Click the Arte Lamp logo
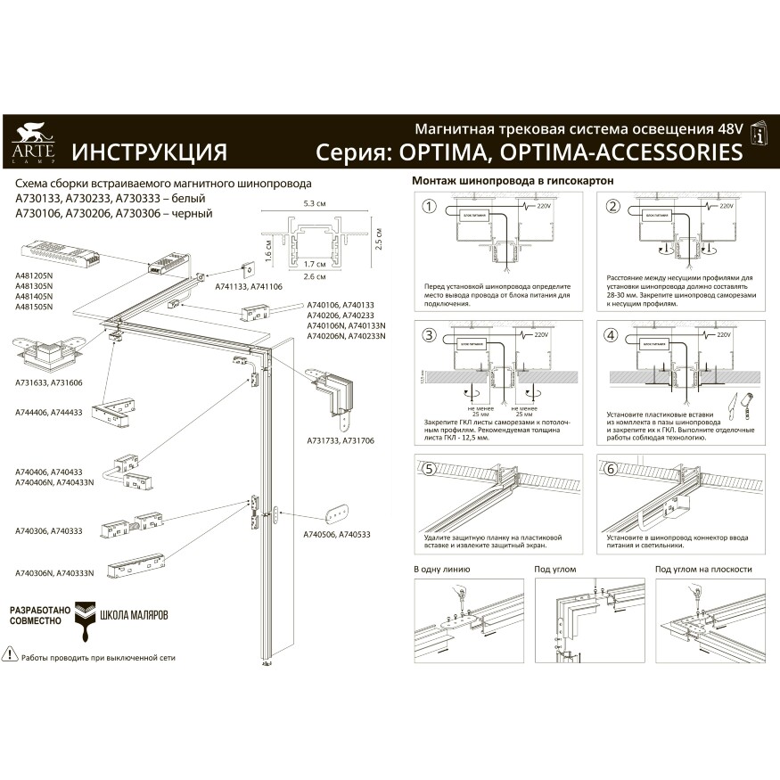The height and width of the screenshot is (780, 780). (33, 144)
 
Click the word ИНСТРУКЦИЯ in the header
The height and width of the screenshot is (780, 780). (149, 152)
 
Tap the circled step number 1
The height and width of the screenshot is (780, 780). (429, 207)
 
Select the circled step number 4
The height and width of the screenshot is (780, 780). (610, 337)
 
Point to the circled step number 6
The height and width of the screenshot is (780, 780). (610, 469)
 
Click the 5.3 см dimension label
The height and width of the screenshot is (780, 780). (315, 204)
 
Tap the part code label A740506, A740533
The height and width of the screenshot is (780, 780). (338, 534)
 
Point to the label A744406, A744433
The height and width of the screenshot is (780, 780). (49, 412)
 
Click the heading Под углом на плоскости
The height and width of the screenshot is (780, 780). (703, 569)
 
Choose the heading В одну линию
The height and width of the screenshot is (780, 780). (441, 569)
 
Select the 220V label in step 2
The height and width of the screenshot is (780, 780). (727, 206)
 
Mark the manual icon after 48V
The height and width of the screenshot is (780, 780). (758, 134)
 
